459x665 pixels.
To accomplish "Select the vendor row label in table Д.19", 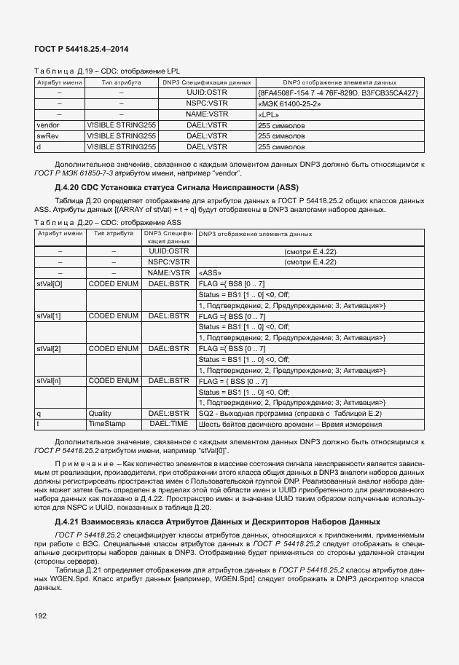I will click(49, 125).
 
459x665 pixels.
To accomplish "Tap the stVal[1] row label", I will click(49, 316).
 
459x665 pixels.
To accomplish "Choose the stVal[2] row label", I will click(49, 348).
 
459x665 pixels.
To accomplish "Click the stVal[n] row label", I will click(49, 380).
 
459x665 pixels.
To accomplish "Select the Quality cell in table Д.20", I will click(100, 413).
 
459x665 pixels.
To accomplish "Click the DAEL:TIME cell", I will click(168, 423).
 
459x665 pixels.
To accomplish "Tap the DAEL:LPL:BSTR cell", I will click(168, 413).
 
